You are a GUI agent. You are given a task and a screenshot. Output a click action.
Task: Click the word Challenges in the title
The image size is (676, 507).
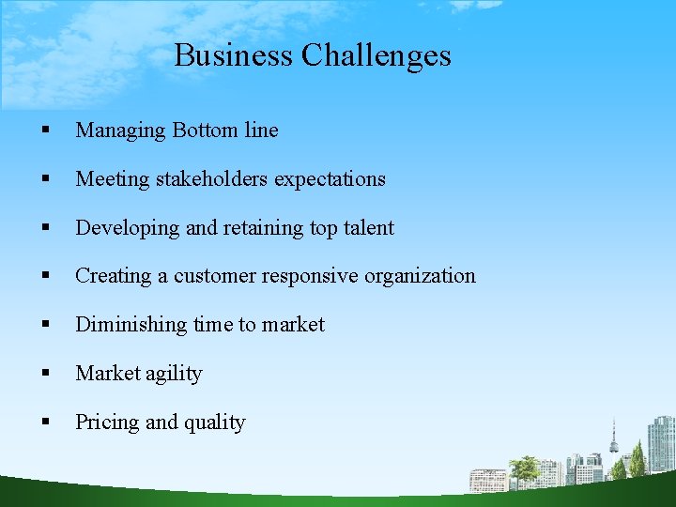click(x=376, y=55)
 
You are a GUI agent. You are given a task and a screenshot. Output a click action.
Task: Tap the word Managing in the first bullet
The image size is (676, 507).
click(x=120, y=131)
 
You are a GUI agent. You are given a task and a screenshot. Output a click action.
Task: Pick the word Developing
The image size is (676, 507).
click(x=124, y=228)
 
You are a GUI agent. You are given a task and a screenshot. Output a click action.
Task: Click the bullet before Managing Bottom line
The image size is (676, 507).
click(x=45, y=131)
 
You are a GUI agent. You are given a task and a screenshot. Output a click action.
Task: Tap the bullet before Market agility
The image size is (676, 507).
click(x=45, y=374)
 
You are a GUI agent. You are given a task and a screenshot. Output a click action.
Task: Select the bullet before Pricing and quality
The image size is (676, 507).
click(x=45, y=422)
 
